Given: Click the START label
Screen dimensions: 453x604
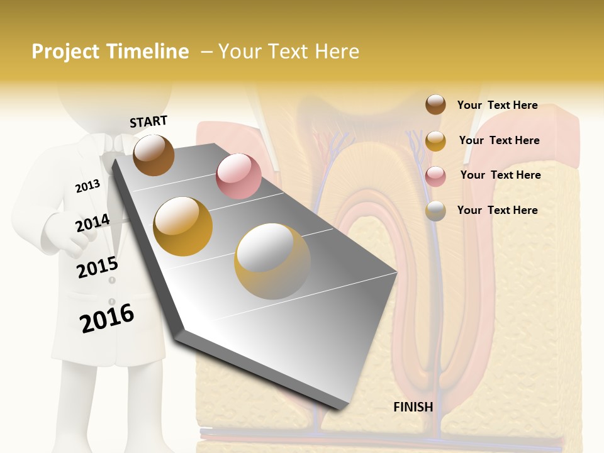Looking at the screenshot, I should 148,121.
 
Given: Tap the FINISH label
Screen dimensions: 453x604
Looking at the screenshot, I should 413,407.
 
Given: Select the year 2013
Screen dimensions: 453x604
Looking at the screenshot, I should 87,186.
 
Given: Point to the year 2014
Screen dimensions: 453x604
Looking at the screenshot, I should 92,223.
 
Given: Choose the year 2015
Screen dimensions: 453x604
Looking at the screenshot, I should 97,267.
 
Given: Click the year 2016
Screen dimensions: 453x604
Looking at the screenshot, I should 107,318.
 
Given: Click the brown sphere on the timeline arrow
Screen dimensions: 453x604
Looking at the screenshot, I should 154,155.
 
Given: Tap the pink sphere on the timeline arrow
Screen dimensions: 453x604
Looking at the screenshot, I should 238,176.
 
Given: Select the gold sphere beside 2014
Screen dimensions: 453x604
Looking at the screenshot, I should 183,226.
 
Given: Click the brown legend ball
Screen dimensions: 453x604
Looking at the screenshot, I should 435,104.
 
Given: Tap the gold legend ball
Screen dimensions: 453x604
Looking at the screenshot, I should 435,141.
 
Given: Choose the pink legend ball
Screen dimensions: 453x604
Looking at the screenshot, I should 435,176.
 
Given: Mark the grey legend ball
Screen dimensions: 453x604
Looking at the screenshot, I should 435,211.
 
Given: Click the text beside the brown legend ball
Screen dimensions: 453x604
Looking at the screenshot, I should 497,105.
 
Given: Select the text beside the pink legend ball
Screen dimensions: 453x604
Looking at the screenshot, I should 500,175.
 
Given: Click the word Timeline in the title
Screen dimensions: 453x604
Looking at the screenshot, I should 147,52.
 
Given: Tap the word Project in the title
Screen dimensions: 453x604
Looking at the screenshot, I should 66,52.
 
